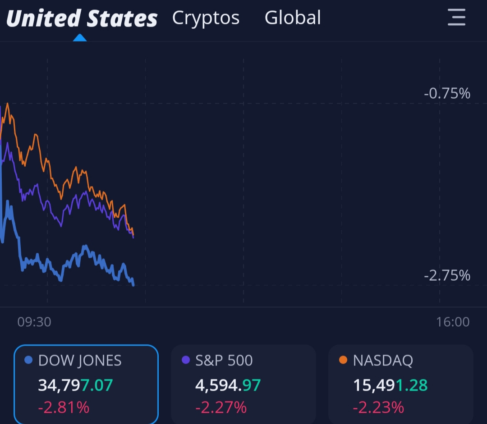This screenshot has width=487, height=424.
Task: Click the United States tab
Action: click(82, 18)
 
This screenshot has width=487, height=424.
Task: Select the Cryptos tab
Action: click(206, 18)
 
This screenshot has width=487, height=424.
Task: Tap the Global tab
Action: click(293, 18)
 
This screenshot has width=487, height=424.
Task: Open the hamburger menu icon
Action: click(456, 18)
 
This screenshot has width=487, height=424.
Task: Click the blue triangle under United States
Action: click(80, 38)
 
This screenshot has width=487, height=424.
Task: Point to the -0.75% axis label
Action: click(447, 94)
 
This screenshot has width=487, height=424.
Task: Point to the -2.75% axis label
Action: click(447, 275)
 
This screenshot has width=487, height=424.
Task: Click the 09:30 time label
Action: click(34, 322)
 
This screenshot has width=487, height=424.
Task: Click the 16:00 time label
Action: click(453, 322)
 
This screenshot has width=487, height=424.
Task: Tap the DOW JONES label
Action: click(80, 360)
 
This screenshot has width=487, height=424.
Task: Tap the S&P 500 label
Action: click(224, 360)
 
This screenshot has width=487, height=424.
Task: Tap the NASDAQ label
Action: click(383, 360)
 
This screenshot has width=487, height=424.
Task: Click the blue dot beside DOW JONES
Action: click(28, 360)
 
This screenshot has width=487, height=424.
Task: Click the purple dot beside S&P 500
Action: click(185, 360)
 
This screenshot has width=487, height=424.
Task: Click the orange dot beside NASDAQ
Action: click(343, 360)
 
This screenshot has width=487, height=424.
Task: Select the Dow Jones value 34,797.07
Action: click(75, 385)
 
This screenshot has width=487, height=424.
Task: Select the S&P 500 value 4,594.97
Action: click(228, 385)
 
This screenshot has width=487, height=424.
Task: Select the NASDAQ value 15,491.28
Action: click(390, 385)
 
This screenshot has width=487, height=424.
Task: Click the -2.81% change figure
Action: click(64, 407)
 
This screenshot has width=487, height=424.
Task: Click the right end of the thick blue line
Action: click(133, 284)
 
